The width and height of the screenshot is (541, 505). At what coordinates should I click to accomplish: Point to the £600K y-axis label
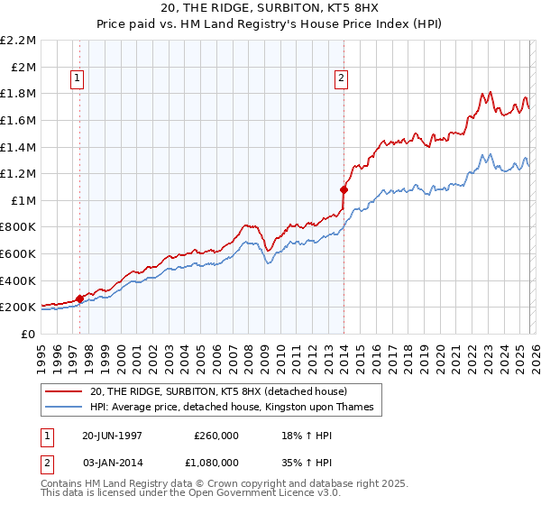coord(18,253)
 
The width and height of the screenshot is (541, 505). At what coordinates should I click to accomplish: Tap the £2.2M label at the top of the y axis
coord(18,40)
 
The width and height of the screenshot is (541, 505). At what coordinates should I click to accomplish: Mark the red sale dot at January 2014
coord(344,189)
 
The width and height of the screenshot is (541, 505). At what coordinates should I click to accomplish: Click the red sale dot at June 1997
coord(80,298)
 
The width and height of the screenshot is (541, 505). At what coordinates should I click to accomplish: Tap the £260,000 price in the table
coord(215,435)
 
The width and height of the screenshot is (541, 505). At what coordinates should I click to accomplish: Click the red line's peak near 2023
coord(488,92)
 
